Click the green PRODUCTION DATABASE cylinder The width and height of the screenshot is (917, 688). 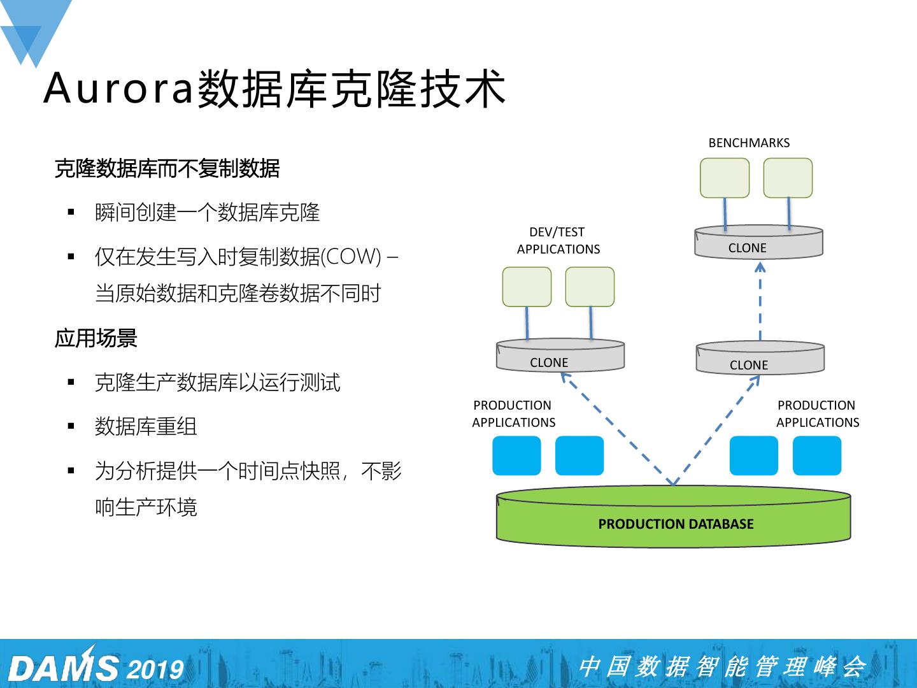tap(673, 519)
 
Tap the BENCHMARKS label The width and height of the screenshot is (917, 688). tap(749, 143)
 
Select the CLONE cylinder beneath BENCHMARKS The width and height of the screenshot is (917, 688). tap(758, 243)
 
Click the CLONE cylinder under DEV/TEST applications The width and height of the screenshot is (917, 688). tap(560, 357)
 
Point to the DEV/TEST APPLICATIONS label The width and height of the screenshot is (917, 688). tap(558, 241)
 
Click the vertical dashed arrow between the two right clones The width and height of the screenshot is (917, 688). tap(760, 303)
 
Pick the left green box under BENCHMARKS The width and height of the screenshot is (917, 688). tap(725, 178)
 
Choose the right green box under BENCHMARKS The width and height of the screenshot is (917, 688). tap(788, 178)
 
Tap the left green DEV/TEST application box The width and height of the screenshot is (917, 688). tap(527, 287)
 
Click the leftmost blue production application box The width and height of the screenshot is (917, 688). tap(516, 455)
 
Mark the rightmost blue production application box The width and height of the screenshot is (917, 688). tap(817, 455)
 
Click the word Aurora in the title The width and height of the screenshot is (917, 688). tap(119, 88)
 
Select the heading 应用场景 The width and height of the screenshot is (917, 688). tap(96, 338)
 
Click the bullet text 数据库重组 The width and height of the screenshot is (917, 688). tap(146, 426)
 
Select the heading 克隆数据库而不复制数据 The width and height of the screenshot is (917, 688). tap(167, 169)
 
